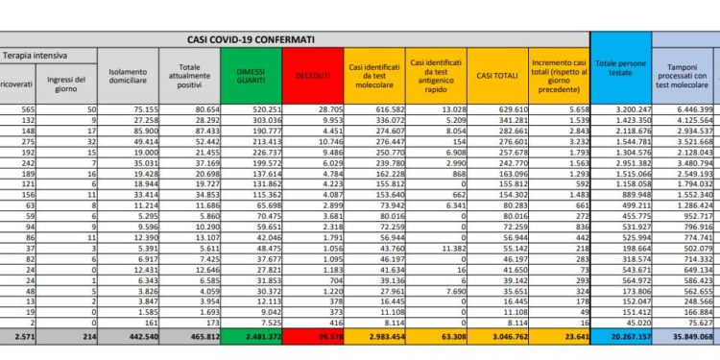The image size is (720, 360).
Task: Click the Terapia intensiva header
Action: pyautogui.click(x=30, y=58)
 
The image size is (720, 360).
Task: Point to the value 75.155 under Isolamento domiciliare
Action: pyautogui.click(x=137, y=111)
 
